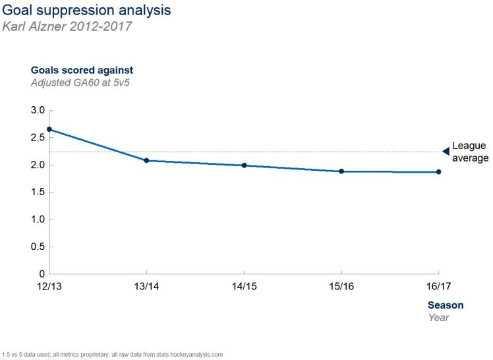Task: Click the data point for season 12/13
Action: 49,129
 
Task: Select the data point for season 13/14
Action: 146,160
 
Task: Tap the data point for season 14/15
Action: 244,165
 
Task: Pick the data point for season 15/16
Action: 341,171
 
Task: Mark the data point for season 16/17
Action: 438,172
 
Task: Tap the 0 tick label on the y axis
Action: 41,274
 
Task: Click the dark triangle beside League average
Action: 446,151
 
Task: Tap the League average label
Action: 470,152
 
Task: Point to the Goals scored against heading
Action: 82,70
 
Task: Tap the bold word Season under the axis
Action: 446,305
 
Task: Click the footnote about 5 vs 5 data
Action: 112,354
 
